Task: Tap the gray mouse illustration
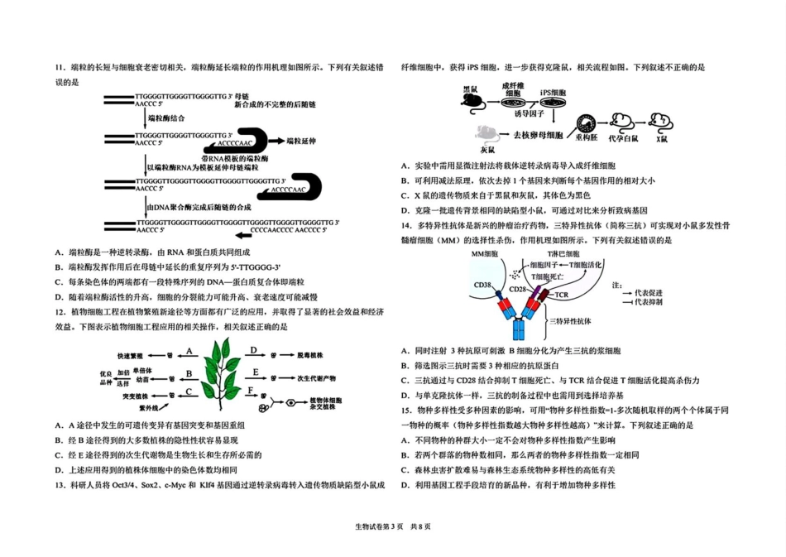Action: tap(486, 133)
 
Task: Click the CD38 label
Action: tap(482, 285)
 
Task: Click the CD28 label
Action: tap(518, 290)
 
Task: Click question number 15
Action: tap(407, 410)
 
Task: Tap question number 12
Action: tap(60, 311)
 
